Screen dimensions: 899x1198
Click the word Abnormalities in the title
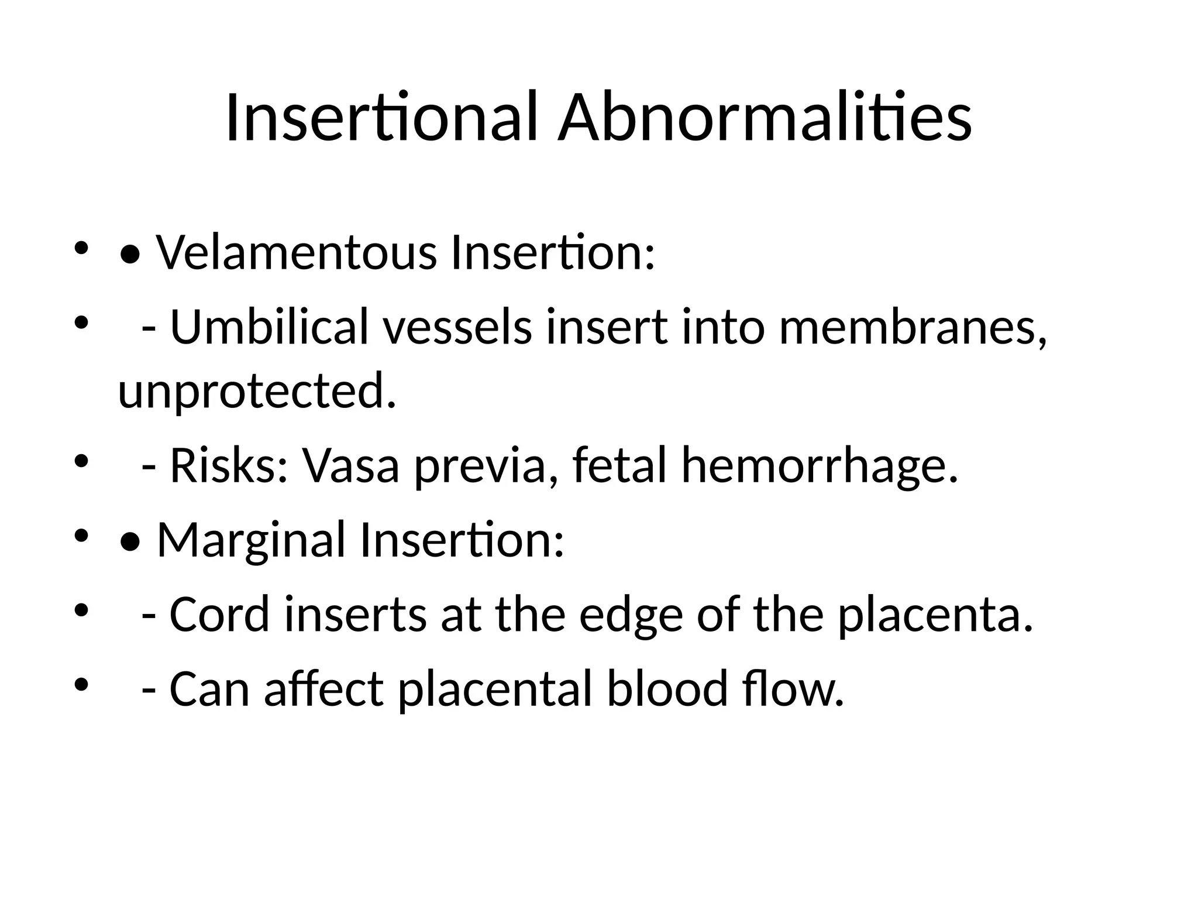coord(764,117)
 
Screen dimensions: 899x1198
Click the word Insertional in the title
coord(381,117)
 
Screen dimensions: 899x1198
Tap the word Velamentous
coord(296,253)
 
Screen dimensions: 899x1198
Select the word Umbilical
coord(269,327)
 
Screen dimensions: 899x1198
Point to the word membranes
coord(913,327)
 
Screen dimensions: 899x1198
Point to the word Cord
coord(219,615)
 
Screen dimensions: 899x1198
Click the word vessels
coord(458,327)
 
